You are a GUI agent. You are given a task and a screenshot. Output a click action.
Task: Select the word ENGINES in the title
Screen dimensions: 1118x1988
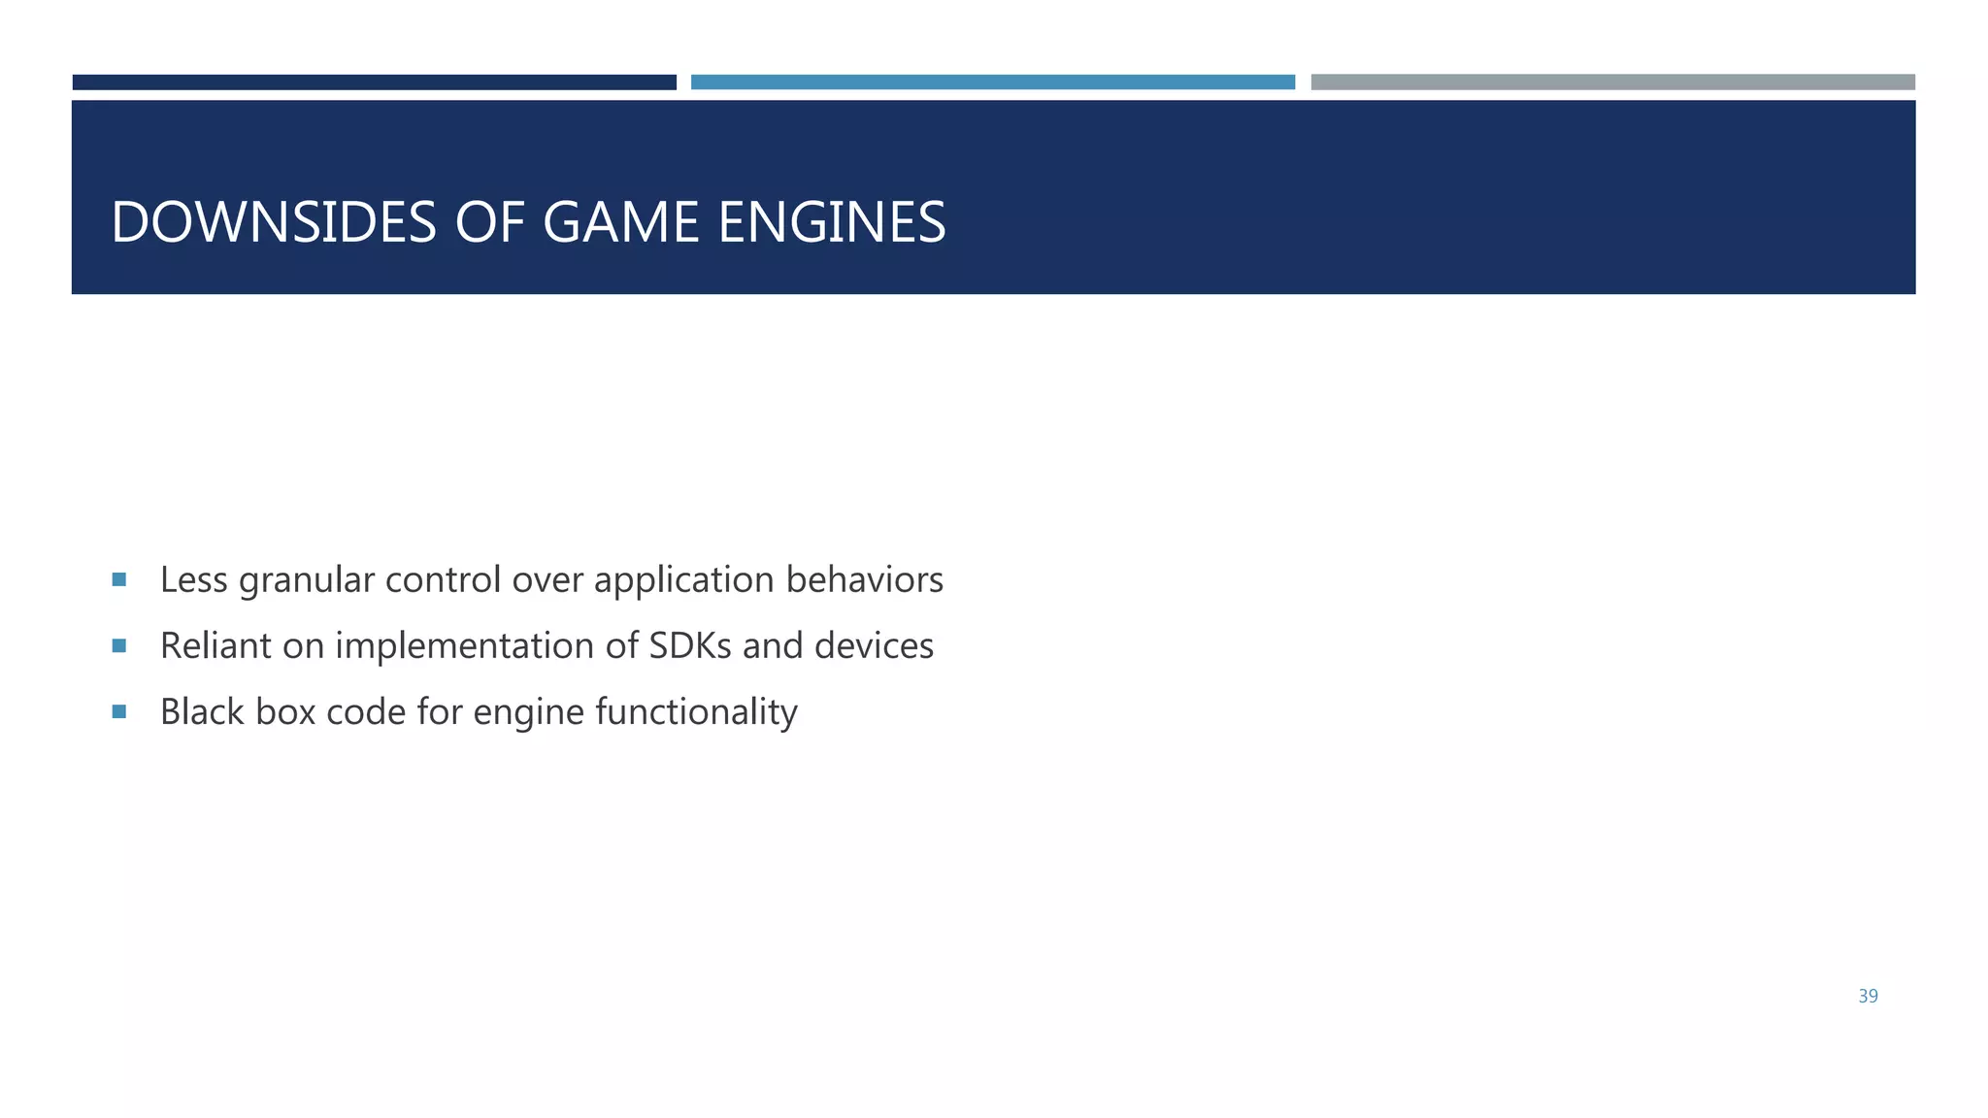pyautogui.click(x=832, y=222)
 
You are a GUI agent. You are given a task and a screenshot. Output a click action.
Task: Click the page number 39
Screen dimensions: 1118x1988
pyautogui.click(x=1868, y=997)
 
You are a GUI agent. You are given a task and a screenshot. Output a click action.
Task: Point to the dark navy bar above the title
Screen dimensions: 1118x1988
pyautogui.click(x=374, y=82)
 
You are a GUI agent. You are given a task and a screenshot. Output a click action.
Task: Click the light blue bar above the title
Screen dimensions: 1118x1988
pyautogui.click(x=992, y=82)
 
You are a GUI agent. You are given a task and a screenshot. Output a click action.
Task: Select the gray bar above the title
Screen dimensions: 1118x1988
pyautogui.click(x=1612, y=82)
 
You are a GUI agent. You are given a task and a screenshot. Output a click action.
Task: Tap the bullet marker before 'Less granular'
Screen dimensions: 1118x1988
pyautogui.click(x=119, y=579)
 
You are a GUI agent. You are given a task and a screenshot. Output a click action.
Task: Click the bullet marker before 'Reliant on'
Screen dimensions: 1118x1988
pyautogui.click(x=119, y=645)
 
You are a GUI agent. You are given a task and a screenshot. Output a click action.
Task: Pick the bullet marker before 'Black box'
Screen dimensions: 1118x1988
pyautogui.click(x=119, y=711)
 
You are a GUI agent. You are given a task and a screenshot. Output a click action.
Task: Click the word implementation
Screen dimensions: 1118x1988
pyautogui.click(x=465, y=647)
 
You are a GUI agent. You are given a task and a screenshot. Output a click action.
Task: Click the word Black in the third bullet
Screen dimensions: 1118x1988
pyautogui.click(x=202, y=711)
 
